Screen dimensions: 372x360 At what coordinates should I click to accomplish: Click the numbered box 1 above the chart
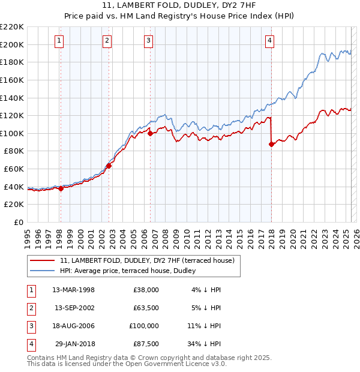(60, 41)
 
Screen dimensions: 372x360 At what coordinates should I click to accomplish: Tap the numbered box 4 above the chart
(271, 41)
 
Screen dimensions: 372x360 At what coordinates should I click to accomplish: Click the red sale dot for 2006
(150, 133)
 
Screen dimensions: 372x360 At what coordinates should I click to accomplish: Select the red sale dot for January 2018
(271, 144)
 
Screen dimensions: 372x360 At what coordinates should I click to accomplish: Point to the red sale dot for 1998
(61, 188)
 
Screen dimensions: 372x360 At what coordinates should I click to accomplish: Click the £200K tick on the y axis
(12, 44)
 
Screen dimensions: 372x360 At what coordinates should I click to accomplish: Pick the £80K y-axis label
(14, 151)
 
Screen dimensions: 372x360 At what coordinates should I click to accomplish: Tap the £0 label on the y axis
(19, 223)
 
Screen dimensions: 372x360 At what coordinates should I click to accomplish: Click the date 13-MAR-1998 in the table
(74, 290)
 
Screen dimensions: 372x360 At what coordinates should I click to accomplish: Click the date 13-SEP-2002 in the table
(74, 308)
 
